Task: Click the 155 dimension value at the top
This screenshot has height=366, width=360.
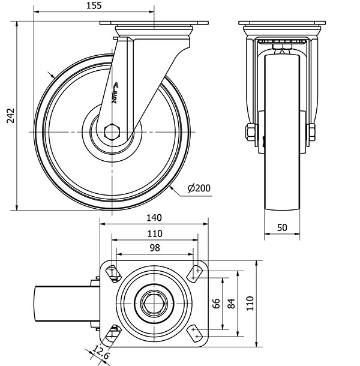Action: coord(94,5)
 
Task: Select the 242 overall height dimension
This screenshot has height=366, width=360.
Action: coord(11,116)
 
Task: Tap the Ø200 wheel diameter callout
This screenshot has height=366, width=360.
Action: coord(199,188)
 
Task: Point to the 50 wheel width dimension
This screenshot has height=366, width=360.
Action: coord(282,227)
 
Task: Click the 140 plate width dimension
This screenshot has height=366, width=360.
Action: coord(154,218)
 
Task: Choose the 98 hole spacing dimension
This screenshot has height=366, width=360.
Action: coord(155,248)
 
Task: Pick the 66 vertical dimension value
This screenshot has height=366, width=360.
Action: coord(217,303)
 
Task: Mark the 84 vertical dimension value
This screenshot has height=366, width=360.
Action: coord(231,303)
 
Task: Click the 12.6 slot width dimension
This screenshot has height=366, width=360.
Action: coord(101,352)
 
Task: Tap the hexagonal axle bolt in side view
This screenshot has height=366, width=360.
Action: coord(112,132)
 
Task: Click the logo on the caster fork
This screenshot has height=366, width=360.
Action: coord(115,92)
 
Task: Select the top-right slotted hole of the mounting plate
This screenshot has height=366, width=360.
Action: coord(195,274)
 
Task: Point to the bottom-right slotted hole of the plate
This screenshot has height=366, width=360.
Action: coord(195,333)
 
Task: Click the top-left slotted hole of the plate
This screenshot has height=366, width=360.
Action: coord(113,274)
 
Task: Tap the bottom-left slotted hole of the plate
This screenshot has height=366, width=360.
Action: coord(113,333)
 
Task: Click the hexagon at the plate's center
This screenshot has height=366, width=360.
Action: coord(154,304)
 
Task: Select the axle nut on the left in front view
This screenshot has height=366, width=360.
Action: coord(251,132)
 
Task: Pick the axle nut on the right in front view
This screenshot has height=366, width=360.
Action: coord(312,132)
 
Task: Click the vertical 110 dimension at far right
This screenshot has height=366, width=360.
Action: coord(250,303)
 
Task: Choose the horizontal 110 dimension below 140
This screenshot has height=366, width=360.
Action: coord(155,233)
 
